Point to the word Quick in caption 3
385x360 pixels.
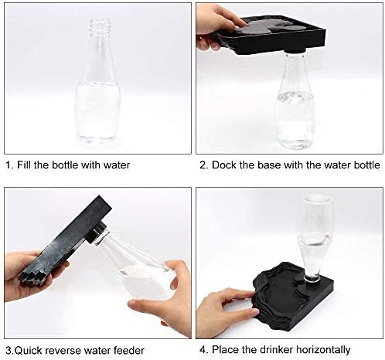point(26,351)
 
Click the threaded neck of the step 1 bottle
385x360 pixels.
point(100,26)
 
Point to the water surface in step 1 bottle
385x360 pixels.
point(97,85)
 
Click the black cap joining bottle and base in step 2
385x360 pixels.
point(296,51)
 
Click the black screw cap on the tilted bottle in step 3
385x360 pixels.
point(97,232)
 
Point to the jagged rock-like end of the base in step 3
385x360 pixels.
point(32,277)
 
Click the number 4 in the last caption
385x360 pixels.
point(203,350)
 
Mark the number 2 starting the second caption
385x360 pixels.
point(203,165)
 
